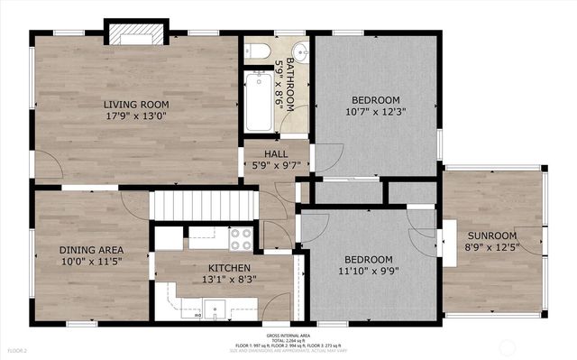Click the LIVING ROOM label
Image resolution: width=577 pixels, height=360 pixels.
[135, 104]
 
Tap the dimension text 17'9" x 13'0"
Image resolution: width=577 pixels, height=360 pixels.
[135, 115]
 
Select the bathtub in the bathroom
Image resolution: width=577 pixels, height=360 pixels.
[259, 102]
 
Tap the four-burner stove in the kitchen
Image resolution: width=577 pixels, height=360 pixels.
[241, 238]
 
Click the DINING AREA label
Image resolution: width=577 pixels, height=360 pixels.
[91, 249]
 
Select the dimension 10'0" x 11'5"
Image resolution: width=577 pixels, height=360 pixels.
[91, 261]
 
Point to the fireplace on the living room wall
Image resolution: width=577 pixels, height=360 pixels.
[135, 34]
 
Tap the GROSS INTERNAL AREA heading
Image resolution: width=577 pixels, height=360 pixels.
[288, 333]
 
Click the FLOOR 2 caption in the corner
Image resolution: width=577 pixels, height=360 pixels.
[18, 349]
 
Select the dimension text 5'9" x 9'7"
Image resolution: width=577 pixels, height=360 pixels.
[275, 166]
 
